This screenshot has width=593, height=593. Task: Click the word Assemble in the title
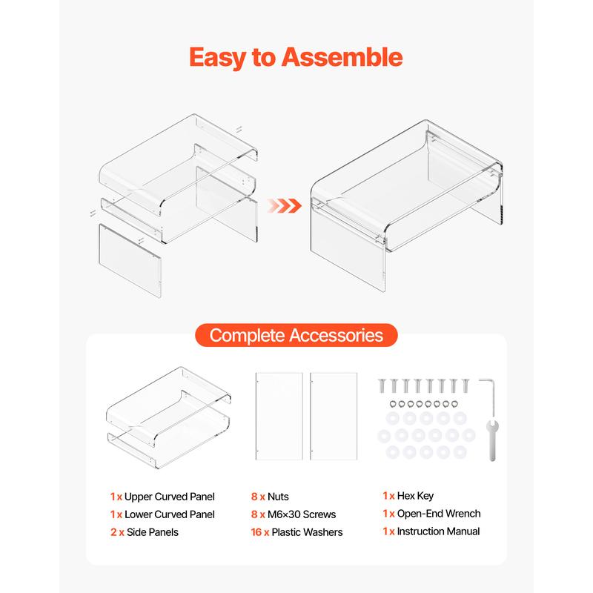click(342, 57)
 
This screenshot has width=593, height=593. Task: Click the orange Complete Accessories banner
click(296, 335)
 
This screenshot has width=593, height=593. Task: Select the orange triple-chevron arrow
click(285, 206)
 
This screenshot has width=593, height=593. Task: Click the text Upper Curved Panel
click(170, 497)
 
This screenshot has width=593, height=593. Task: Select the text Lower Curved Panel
click(170, 514)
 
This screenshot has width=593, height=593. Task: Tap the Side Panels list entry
click(145, 532)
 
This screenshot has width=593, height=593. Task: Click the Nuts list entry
click(270, 497)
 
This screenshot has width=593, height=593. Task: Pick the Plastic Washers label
click(307, 532)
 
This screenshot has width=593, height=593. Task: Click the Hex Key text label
click(415, 496)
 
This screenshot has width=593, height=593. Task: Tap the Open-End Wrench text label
click(439, 514)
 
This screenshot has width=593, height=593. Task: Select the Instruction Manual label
click(438, 531)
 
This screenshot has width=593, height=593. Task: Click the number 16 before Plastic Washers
click(256, 532)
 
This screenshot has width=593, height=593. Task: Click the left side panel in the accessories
click(279, 417)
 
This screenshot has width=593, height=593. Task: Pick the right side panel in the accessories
click(334, 417)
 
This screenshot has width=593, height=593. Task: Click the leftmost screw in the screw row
click(382, 385)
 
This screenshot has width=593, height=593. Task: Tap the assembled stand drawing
click(406, 206)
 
